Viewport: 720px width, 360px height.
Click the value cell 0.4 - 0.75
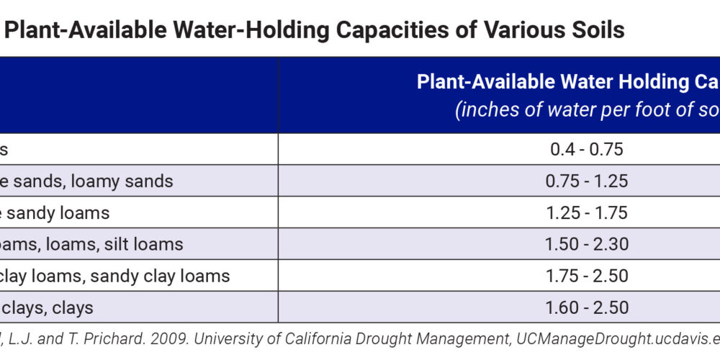587,149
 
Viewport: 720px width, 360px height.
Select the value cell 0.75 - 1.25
587,181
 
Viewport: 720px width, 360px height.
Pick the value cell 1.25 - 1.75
587,212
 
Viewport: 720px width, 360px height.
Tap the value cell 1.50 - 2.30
587,244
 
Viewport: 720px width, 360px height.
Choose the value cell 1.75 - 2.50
587,276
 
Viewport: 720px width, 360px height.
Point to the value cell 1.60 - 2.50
587,307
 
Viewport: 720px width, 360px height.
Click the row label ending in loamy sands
86,181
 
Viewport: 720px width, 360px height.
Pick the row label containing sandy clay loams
115,276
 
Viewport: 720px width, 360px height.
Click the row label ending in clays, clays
47,307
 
